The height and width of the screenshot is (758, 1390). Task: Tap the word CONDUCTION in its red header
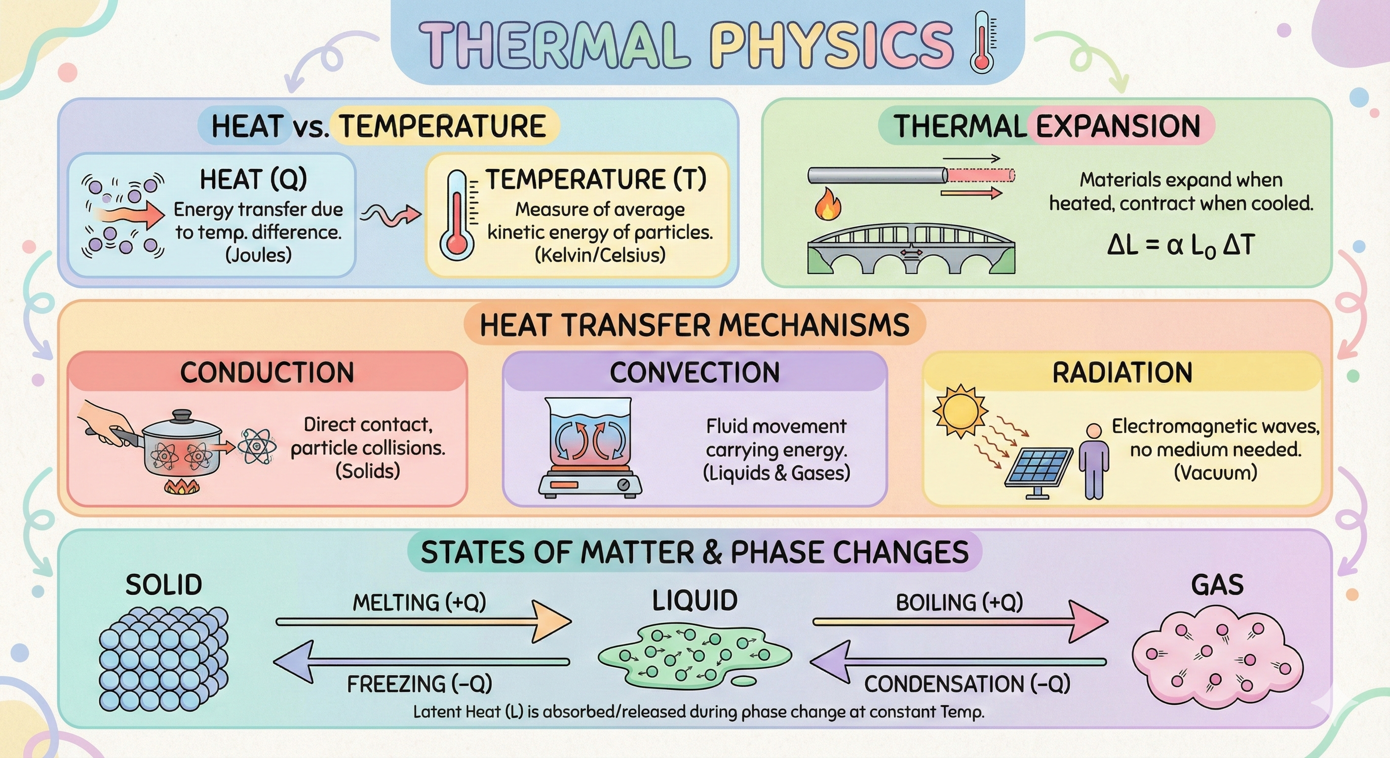[x=267, y=372]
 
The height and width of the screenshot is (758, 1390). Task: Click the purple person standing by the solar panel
[x=1094, y=461]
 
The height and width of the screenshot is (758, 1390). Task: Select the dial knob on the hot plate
[x=624, y=484]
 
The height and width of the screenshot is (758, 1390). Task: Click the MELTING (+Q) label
[x=419, y=602]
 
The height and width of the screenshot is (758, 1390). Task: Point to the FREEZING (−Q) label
[x=419, y=684]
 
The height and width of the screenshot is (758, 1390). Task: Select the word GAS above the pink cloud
[x=1217, y=585]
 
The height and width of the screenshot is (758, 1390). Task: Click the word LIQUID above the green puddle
[x=695, y=601]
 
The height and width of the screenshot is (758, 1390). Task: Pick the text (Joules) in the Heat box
[x=259, y=255]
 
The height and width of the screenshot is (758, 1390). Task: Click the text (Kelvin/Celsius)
[x=600, y=255]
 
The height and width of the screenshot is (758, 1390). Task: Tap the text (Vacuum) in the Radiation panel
[x=1216, y=473]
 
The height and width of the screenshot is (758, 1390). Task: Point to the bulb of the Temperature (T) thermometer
[x=457, y=243]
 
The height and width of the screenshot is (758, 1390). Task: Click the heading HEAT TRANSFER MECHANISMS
[x=695, y=325]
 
